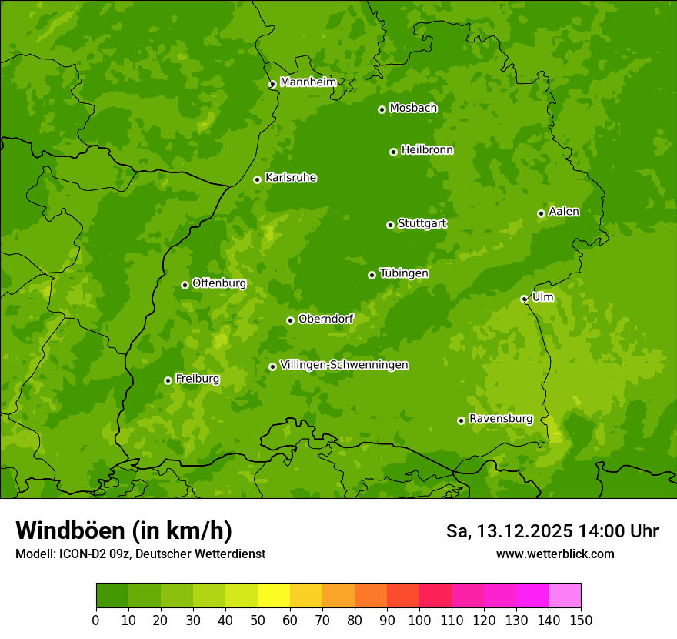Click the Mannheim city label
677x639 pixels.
pyautogui.click(x=308, y=82)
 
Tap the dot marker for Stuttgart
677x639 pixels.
pyautogui.click(x=390, y=225)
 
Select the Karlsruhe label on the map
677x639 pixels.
pyautogui.click(x=291, y=178)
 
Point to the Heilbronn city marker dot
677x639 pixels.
pyautogui.click(x=393, y=152)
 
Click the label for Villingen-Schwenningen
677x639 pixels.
pyautogui.click(x=345, y=365)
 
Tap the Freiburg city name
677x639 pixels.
pyautogui.click(x=198, y=379)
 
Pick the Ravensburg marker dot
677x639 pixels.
pyautogui.click(x=461, y=420)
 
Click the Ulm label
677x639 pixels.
pyautogui.click(x=542, y=297)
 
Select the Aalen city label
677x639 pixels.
pyautogui.click(x=564, y=212)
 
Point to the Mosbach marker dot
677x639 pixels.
pyautogui.click(x=382, y=109)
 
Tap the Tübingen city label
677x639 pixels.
pyautogui.click(x=404, y=273)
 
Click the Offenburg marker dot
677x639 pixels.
pyautogui.click(x=185, y=285)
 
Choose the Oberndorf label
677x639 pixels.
pyautogui.click(x=326, y=319)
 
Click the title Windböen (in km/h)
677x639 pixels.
pyautogui.click(x=124, y=530)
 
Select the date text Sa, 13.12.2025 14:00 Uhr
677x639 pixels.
pyautogui.click(x=552, y=531)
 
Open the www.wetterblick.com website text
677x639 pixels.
pyautogui.click(x=555, y=554)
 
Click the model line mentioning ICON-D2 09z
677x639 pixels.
pyautogui.click(x=140, y=554)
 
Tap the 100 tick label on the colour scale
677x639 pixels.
pyautogui.click(x=419, y=620)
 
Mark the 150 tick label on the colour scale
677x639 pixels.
pyautogui.click(x=581, y=620)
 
